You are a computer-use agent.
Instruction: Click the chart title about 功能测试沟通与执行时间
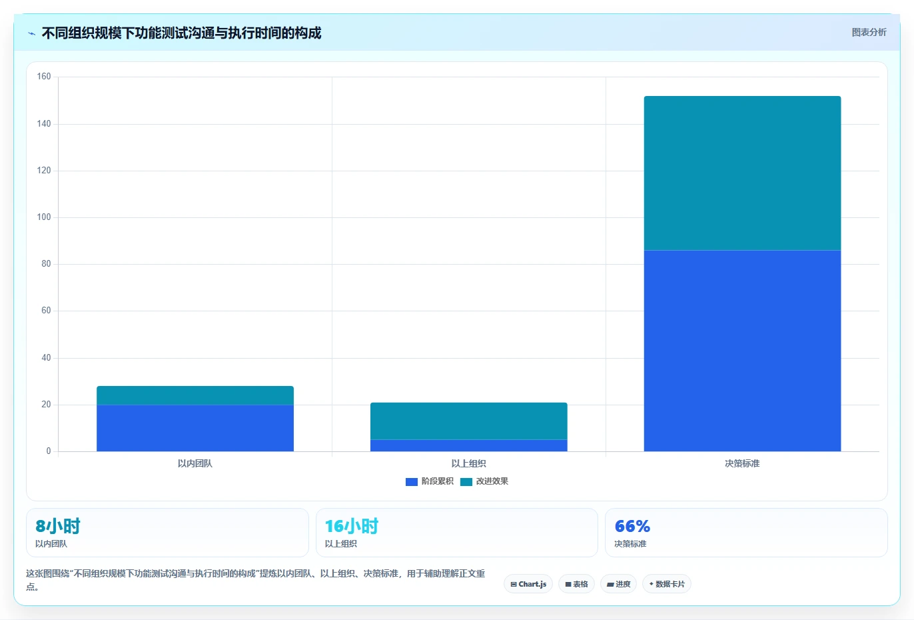[181, 33]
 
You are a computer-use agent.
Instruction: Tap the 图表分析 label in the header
[869, 32]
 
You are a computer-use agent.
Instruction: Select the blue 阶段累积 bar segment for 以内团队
[195, 428]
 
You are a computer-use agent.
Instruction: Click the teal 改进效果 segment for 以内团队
[195, 395]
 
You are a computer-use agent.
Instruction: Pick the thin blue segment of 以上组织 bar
[469, 445]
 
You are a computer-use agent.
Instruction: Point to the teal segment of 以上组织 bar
[469, 421]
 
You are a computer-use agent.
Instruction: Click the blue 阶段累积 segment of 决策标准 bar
[742, 351]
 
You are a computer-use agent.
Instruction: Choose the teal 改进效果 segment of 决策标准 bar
[742, 173]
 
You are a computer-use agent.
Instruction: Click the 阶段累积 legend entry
[429, 481]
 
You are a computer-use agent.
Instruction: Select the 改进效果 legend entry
[484, 481]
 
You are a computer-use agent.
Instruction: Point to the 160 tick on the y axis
[44, 77]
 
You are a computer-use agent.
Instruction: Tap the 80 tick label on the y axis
[46, 264]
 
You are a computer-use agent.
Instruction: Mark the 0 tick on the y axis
[49, 451]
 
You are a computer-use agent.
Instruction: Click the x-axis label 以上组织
[468, 463]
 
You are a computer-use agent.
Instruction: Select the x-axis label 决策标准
[742, 463]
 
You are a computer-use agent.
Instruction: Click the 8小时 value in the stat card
[58, 526]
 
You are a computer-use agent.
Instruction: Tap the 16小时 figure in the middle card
[352, 526]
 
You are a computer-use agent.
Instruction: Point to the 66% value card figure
[632, 526]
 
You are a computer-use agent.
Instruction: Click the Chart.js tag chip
[528, 584]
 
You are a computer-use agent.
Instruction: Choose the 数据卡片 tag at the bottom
[667, 584]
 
